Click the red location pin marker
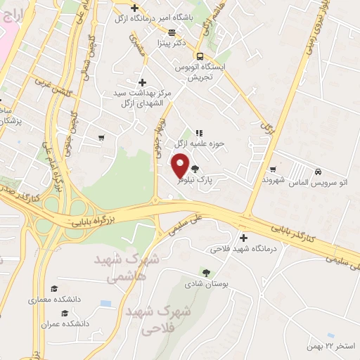(181, 165)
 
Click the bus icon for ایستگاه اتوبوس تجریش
(200, 56)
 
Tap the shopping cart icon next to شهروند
(272, 169)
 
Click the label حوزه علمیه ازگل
(219, 143)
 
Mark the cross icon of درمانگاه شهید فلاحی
(243, 237)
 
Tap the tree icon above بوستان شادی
(205, 272)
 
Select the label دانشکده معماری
(54, 300)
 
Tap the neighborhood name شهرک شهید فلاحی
(150, 319)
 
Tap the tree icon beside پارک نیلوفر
(194, 169)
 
